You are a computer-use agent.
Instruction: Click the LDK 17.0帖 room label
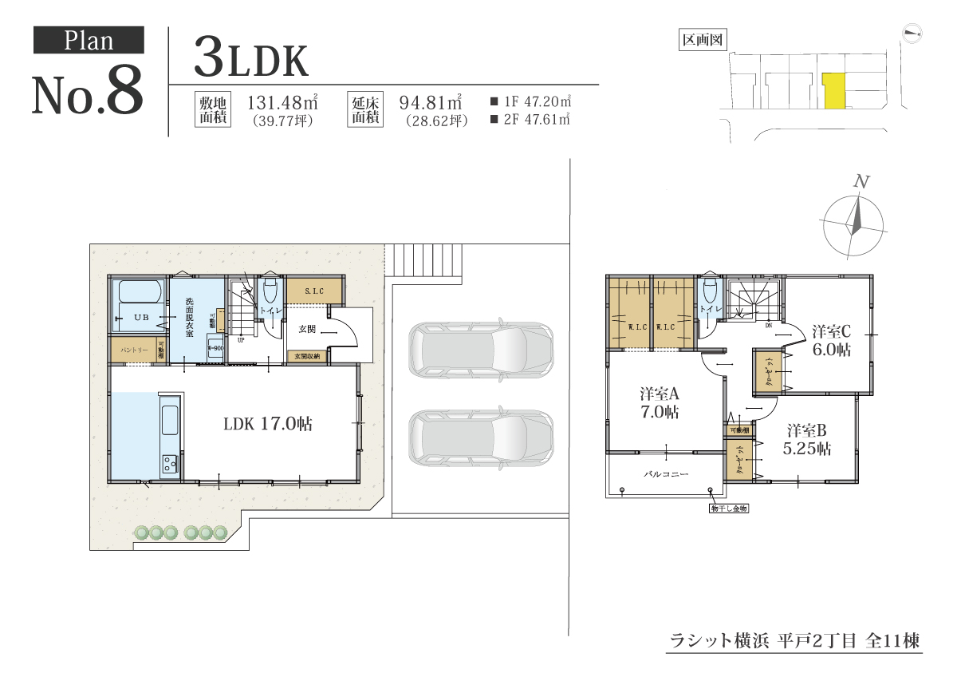pyautogui.click(x=267, y=424)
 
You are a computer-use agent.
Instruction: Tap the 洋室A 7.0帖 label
pyautogui.click(x=659, y=403)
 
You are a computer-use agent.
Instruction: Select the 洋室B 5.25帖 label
pyautogui.click(x=807, y=439)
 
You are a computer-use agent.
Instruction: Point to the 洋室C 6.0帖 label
pyautogui.click(x=832, y=340)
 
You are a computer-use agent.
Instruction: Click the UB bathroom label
pyautogui.click(x=140, y=318)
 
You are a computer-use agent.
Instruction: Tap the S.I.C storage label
pyautogui.click(x=313, y=291)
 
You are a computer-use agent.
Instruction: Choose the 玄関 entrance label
pyautogui.click(x=308, y=328)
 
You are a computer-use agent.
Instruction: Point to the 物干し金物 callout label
pyautogui.click(x=728, y=507)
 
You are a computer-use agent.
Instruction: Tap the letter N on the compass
pyautogui.click(x=861, y=182)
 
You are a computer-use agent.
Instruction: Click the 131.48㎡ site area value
pyautogui.click(x=283, y=103)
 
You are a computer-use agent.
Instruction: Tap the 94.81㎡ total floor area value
pyautogui.click(x=431, y=103)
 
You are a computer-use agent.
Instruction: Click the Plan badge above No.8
pyautogui.click(x=89, y=40)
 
